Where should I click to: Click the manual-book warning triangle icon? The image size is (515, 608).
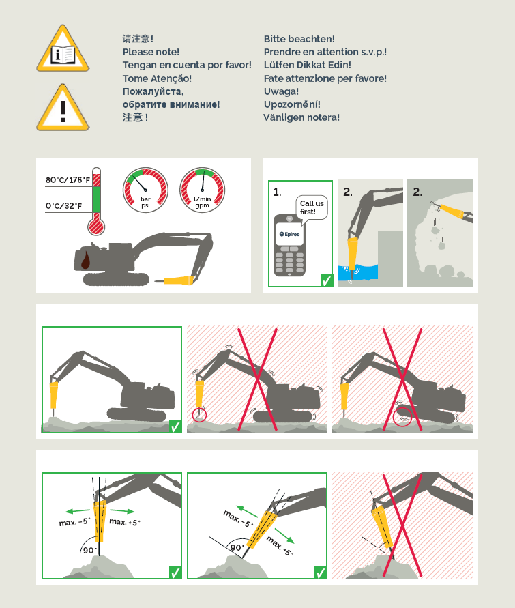click(63, 49)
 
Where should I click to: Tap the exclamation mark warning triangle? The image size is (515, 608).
click(63, 108)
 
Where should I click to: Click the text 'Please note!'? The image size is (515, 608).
click(151, 52)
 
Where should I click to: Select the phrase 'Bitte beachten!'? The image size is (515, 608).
click(299, 39)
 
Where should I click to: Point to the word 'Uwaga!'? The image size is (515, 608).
click(281, 91)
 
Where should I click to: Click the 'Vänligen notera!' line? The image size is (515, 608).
click(301, 117)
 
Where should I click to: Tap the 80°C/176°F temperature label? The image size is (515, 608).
click(68, 180)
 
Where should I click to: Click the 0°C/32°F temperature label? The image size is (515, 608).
click(64, 206)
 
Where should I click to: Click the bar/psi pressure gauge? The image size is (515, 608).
click(146, 190)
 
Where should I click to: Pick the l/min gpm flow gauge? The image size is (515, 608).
click(203, 190)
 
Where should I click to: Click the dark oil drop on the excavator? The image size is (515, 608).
click(86, 260)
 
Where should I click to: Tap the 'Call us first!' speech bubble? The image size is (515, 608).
click(311, 208)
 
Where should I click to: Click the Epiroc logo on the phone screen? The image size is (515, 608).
click(289, 234)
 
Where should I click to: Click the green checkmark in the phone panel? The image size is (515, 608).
click(327, 280)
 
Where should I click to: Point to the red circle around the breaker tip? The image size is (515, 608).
click(200, 416)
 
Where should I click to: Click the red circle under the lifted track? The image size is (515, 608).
click(402, 417)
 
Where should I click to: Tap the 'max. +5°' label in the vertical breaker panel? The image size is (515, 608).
click(125, 522)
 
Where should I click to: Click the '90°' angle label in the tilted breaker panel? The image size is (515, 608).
click(236, 547)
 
